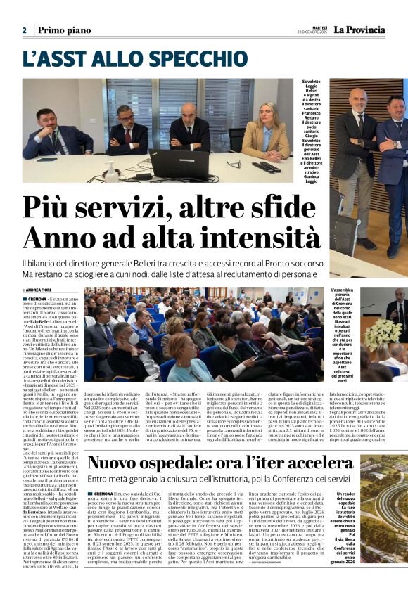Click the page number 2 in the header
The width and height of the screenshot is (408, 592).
pyautogui.click(x=24, y=30)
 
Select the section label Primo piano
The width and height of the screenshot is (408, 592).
pyautogui.click(x=63, y=30)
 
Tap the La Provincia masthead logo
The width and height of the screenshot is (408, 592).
pyautogui.click(x=359, y=30)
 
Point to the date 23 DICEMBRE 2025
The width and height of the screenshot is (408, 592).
pyautogui.click(x=313, y=32)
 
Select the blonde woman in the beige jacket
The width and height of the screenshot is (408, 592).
pyautogui.click(x=266, y=133)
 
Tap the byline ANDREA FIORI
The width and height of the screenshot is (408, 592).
pyautogui.click(x=42, y=290)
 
